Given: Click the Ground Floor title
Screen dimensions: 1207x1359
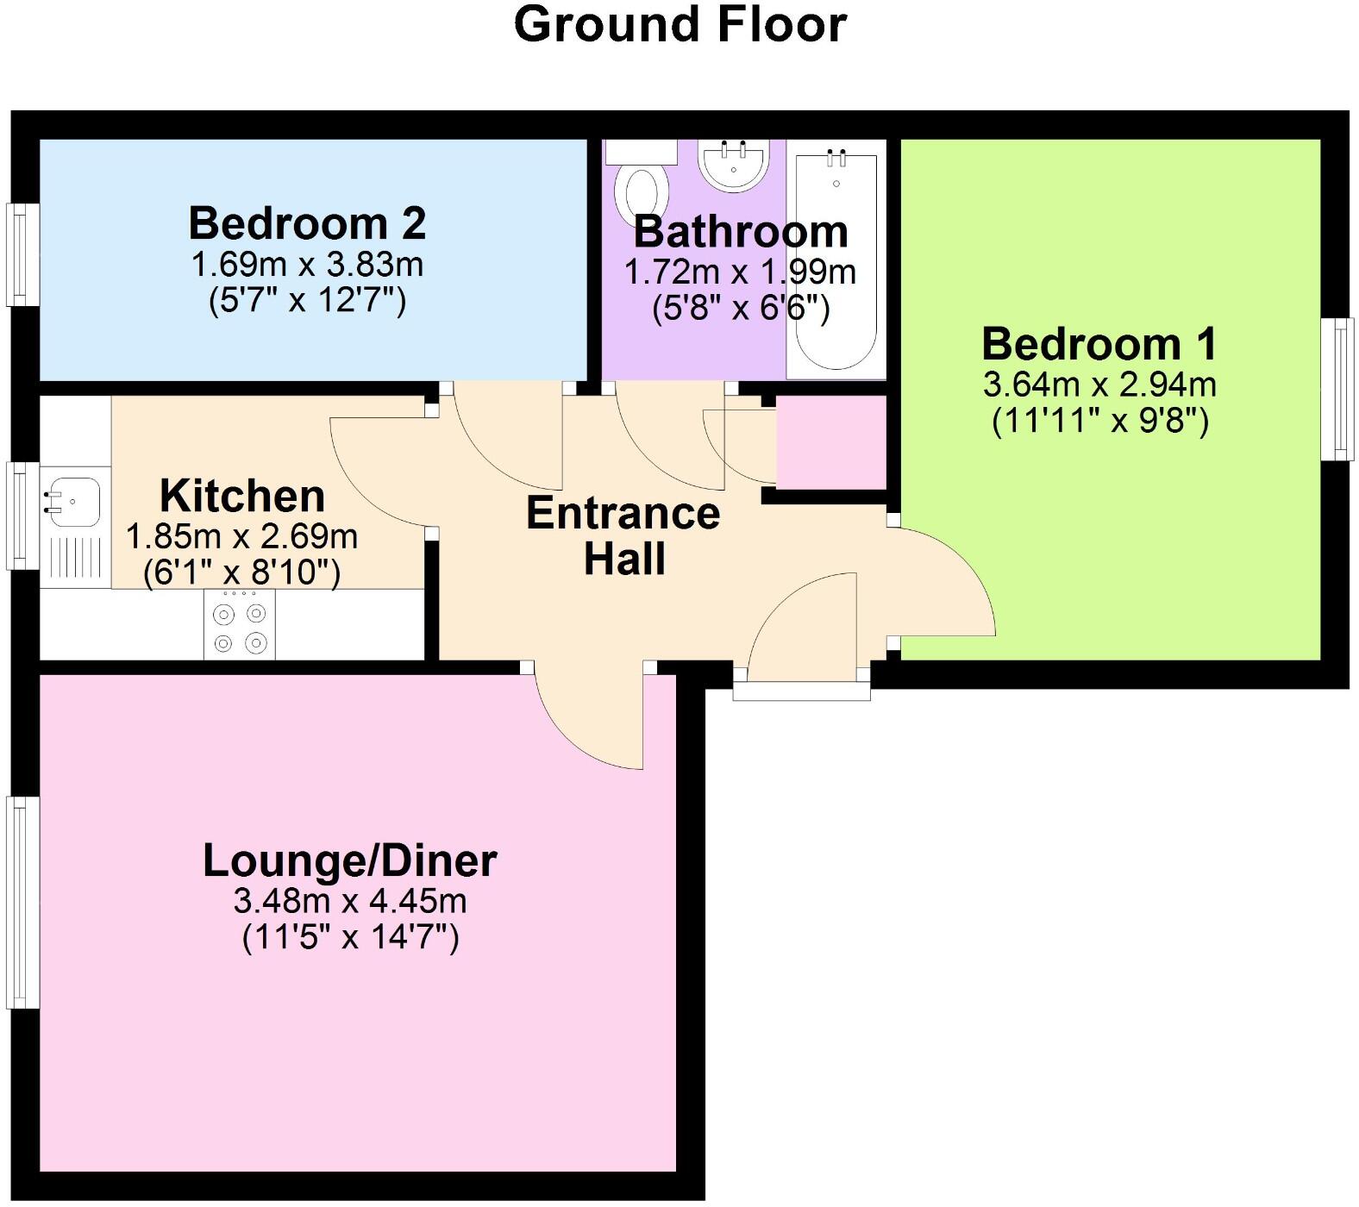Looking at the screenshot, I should click(x=679, y=24).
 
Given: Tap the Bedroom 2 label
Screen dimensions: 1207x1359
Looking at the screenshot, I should click(x=307, y=223).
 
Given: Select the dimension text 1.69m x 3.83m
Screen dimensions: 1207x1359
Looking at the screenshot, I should click(x=307, y=264).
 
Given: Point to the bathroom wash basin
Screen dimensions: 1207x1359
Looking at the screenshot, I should click(x=732, y=165).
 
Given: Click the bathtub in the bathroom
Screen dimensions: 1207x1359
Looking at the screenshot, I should click(x=836, y=259).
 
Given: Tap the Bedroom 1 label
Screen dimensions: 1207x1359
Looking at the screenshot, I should click(x=1099, y=343).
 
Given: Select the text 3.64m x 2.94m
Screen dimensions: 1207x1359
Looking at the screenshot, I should click(x=1099, y=384).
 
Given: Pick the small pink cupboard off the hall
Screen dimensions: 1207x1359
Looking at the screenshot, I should click(x=830, y=441).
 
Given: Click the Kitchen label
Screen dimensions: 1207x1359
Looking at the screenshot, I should click(x=242, y=496).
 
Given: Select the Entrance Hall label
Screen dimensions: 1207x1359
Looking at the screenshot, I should click(x=623, y=535).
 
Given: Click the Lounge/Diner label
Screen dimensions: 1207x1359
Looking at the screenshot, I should click(x=349, y=860).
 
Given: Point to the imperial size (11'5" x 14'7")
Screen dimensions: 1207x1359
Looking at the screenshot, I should click(x=349, y=936).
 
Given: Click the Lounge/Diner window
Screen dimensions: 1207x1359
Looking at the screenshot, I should click(x=22, y=902).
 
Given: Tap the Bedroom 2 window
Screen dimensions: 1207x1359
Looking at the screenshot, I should click(x=22, y=254).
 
